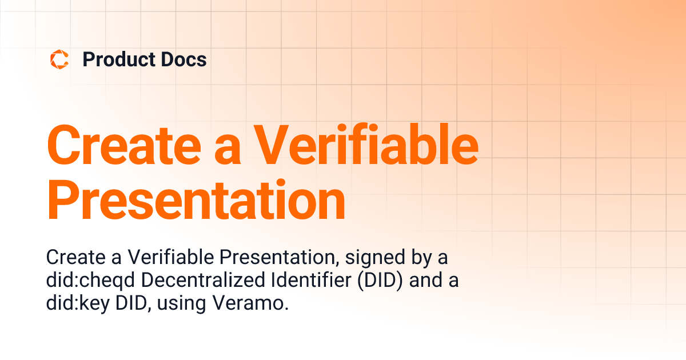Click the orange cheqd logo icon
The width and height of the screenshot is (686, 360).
point(59,59)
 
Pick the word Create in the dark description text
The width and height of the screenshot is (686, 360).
point(75,258)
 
